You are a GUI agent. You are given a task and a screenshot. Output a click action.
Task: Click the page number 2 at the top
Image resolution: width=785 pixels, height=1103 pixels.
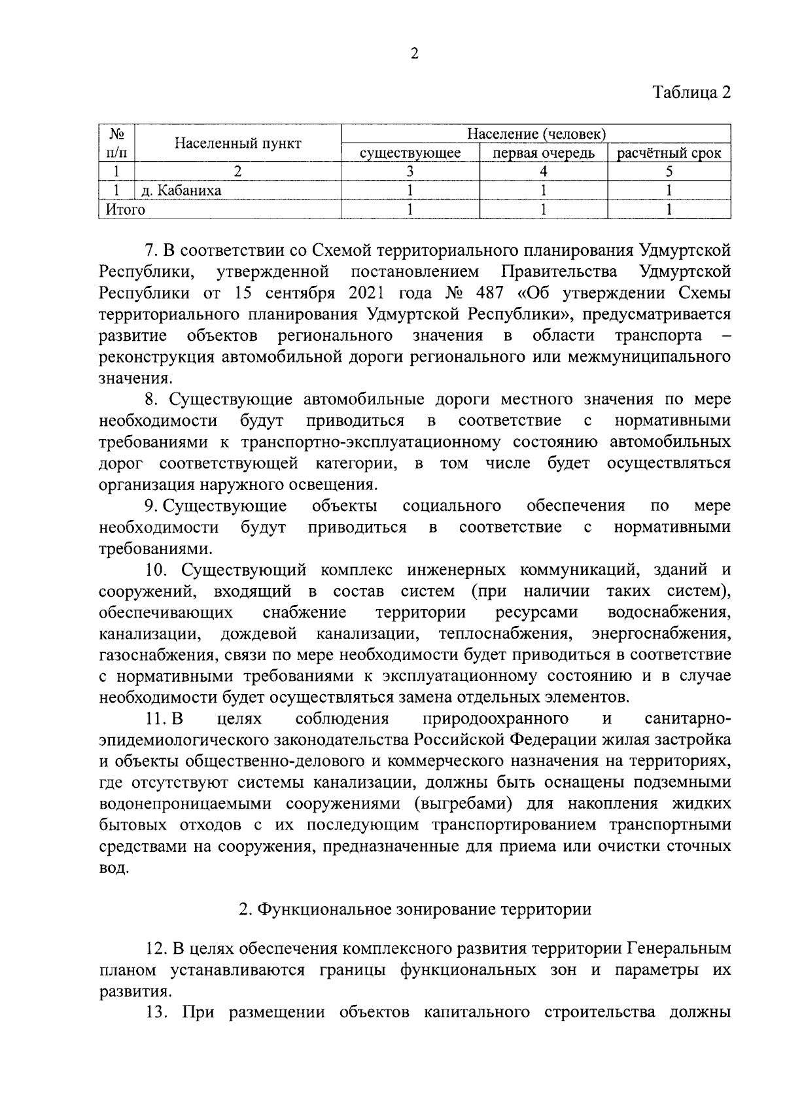pyautogui.click(x=414, y=54)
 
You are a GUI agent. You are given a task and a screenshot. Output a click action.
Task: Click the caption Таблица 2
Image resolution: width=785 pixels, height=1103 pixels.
pyautogui.click(x=691, y=92)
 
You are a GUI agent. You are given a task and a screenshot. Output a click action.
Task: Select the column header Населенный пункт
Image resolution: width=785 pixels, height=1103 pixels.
pyautogui.click(x=237, y=143)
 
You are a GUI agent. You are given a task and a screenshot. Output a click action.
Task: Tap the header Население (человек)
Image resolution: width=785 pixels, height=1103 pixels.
pyautogui.click(x=536, y=134)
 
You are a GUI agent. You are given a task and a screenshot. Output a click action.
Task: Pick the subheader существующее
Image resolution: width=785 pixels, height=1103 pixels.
pyautogui.click(x=410, y=153)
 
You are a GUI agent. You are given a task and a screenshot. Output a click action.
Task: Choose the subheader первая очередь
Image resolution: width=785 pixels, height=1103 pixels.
pyautogui.click(x=543, y=153)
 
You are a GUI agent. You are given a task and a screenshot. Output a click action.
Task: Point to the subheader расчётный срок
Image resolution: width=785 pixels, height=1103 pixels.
pyautogui.click(x=669, y=153)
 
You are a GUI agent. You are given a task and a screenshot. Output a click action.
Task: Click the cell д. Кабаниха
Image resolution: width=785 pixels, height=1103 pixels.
pyautogui.click(x=181, y=190)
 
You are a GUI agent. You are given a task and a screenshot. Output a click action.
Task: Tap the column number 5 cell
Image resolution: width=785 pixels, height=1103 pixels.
pyautogui.click(x=669, y=171)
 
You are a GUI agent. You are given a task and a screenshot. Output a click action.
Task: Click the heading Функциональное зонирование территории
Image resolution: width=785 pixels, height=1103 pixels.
pyautogui.click(x=424, y=909)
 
